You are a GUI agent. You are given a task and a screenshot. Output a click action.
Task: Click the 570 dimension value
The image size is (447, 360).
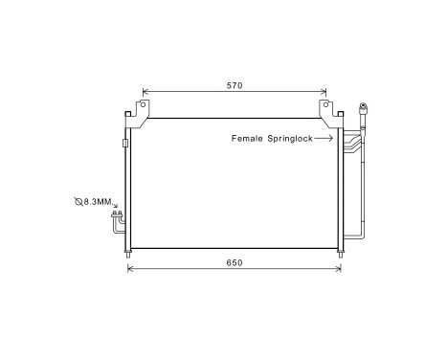235,86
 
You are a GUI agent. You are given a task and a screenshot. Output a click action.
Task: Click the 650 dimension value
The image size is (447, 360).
235,262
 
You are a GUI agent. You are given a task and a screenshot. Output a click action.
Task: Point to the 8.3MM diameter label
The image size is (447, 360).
98,201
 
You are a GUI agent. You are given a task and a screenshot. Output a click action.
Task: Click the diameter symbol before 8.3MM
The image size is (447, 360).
78,201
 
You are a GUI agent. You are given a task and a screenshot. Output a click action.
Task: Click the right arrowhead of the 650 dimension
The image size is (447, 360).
339,269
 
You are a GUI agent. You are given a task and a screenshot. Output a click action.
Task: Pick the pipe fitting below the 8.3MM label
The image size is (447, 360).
118,222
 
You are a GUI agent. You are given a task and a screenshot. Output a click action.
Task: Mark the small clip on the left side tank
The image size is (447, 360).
125,144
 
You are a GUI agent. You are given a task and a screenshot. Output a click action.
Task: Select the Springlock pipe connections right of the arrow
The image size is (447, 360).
352,144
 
